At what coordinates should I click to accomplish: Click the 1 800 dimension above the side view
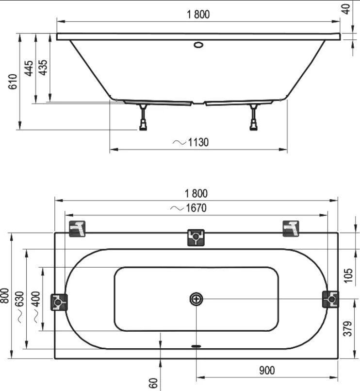point(198,14)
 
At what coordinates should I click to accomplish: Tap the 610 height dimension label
point(13,82)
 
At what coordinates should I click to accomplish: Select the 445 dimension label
point(29,68)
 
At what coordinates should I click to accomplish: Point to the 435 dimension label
point(43,68)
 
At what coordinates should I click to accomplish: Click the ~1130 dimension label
point(191,142)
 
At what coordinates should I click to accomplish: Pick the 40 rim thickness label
point(346,9)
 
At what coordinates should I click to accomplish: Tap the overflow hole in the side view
point(198,45)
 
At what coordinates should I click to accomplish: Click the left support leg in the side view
point(143,117)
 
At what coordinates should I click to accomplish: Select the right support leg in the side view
point(254,117)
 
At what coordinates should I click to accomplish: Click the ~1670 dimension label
point(189,208)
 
